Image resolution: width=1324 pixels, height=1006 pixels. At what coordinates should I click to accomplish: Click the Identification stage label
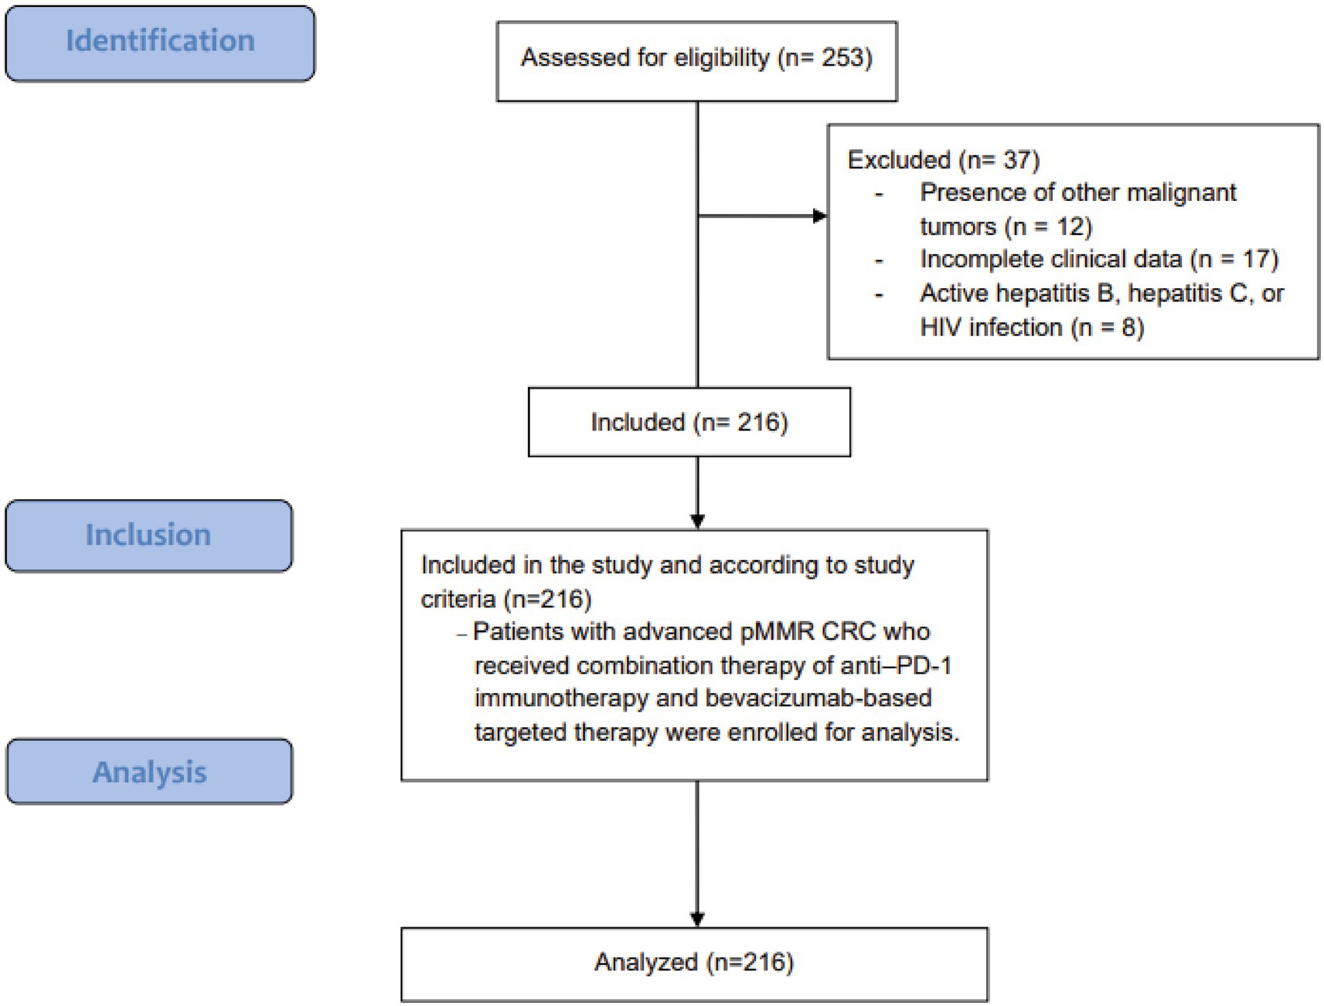160,41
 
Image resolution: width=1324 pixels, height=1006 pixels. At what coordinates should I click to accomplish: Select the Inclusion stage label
148,535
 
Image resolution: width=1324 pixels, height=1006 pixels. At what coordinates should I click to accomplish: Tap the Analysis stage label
149,772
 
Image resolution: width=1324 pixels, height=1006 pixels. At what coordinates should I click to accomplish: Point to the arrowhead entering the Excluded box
820,216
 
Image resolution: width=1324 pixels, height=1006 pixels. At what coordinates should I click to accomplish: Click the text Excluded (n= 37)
943,160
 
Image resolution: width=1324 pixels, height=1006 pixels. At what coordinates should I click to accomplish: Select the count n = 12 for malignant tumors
1048,226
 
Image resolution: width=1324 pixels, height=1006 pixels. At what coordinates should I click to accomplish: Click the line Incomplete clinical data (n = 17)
1098,260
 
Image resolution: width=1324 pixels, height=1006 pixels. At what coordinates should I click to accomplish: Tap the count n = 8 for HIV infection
1107,328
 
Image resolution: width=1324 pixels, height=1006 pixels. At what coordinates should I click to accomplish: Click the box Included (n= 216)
689,423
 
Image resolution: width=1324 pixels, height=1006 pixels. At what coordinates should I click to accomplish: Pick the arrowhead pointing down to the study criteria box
697,522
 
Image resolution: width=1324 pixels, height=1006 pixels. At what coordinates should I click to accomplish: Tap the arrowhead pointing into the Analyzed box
697,919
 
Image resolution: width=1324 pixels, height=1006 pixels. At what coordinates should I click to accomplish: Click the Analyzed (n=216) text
693,963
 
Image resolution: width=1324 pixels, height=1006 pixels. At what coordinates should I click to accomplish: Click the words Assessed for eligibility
645,58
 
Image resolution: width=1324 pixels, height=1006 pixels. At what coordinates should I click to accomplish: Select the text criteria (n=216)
505,599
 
